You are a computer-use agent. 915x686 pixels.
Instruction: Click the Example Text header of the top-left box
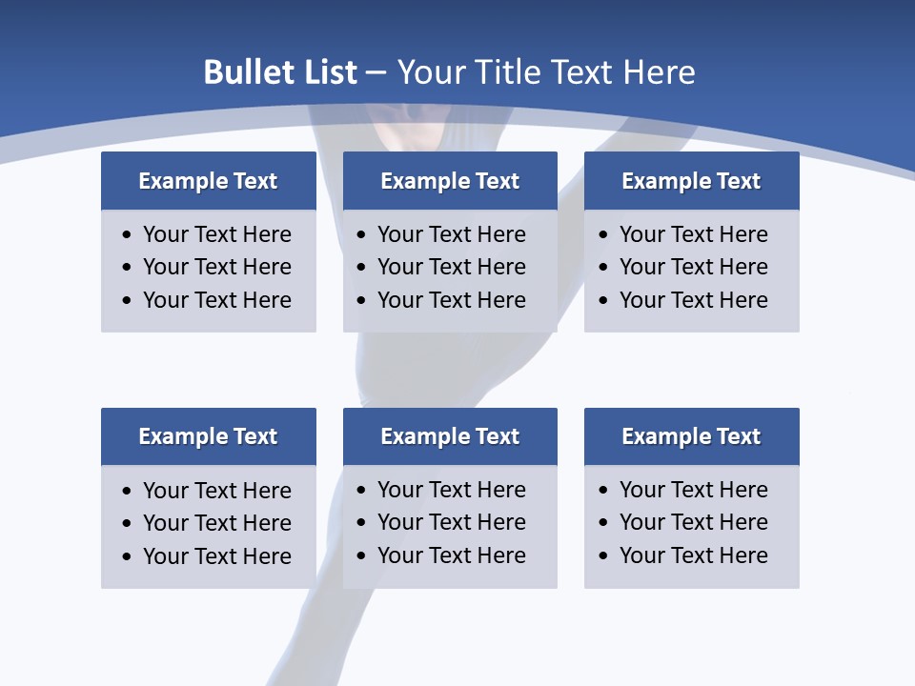pos(208,181)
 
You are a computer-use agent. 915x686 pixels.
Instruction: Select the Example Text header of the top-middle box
pos(450,181)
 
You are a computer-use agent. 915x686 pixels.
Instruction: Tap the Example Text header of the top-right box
pos(691,181)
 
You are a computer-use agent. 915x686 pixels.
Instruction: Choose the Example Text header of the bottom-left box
pos(208,436)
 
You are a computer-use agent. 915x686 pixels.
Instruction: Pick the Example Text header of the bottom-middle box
pos(450,436)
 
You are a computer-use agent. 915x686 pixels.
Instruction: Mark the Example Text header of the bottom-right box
pos(691,436)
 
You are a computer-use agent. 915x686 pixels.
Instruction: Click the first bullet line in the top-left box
pos(216,234)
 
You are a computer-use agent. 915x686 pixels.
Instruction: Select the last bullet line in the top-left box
pos(216,300)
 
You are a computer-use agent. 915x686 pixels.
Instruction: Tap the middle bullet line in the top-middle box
pos(451,267)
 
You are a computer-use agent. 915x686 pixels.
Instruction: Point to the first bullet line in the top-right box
pos(693,234)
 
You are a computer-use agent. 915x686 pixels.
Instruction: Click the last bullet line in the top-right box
pos(693,300)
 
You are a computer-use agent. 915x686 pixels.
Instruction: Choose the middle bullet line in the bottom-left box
pos(216,523)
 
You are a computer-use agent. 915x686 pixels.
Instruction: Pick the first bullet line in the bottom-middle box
pos(451,490)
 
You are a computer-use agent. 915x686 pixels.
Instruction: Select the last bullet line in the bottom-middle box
pos(451,555)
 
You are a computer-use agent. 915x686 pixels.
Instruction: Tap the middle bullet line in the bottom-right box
pos(693,522)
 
